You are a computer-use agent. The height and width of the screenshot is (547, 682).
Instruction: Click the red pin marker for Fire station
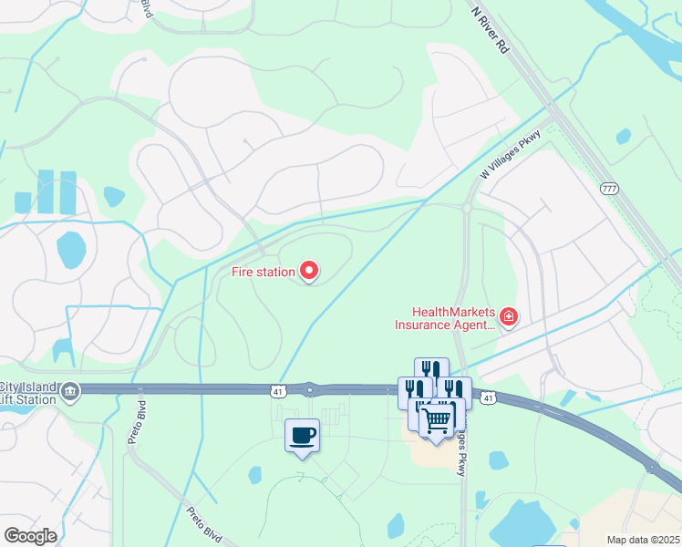(309, 271)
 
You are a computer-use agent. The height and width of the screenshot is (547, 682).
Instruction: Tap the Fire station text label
(262, 272)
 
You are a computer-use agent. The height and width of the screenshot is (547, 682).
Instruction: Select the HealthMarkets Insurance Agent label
(445, 317)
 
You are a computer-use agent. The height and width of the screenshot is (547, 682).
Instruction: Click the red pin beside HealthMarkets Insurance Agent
(509, 317)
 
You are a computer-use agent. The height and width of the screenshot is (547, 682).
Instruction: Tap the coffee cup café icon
(303, 435)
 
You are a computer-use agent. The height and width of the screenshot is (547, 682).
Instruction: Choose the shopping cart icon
(437, 418)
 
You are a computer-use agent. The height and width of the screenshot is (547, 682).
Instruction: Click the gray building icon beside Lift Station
(70, 393)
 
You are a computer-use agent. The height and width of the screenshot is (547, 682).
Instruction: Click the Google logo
(29, 536)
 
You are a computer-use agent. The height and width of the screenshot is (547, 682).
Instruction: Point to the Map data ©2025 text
(642, 540)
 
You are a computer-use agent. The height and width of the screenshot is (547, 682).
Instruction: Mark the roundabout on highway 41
(310, 390)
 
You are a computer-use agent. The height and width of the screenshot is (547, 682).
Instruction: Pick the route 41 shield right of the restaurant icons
(489, 398)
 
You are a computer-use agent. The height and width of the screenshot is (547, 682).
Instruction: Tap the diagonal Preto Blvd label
(207, 523)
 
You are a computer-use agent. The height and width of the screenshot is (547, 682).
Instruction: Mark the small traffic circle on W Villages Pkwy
(466, 209)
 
